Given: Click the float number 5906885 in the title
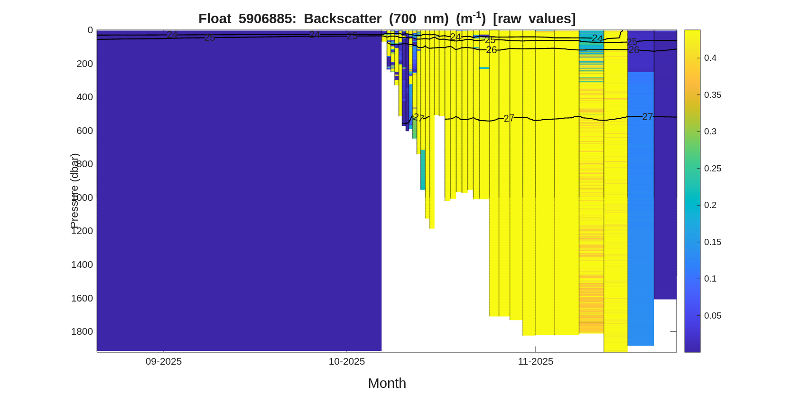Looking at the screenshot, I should pos(267,19).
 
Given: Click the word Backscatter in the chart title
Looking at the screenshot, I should pos(342,19).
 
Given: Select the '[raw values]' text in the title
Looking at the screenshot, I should pos(534,19).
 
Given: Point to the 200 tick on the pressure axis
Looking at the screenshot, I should pos(84,64).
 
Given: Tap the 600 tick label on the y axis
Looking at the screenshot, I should pos(84,131).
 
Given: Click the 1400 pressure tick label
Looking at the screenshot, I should pos(82,264).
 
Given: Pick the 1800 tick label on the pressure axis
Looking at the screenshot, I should pos(82,331).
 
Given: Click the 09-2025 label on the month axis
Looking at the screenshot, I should pos(164,361).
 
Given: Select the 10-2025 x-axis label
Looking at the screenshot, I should pos(347,361).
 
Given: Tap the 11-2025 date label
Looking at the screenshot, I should pos(535,361).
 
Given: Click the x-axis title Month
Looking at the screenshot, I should pos(387,383).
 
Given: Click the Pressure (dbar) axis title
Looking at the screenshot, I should pos(74,191).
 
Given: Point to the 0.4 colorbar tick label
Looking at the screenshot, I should pos(710,58).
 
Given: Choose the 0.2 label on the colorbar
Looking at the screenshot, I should pos(710,205).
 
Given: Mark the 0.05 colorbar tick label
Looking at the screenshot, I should pos(712,316).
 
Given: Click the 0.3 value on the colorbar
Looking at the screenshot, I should pos(710,132).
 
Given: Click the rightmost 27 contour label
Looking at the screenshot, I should pos(647,117).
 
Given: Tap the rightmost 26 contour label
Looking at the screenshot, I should pos(633,50).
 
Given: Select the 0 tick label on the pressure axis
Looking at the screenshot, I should pos(90,30).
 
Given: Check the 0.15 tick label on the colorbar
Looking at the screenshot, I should pos(712,242).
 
